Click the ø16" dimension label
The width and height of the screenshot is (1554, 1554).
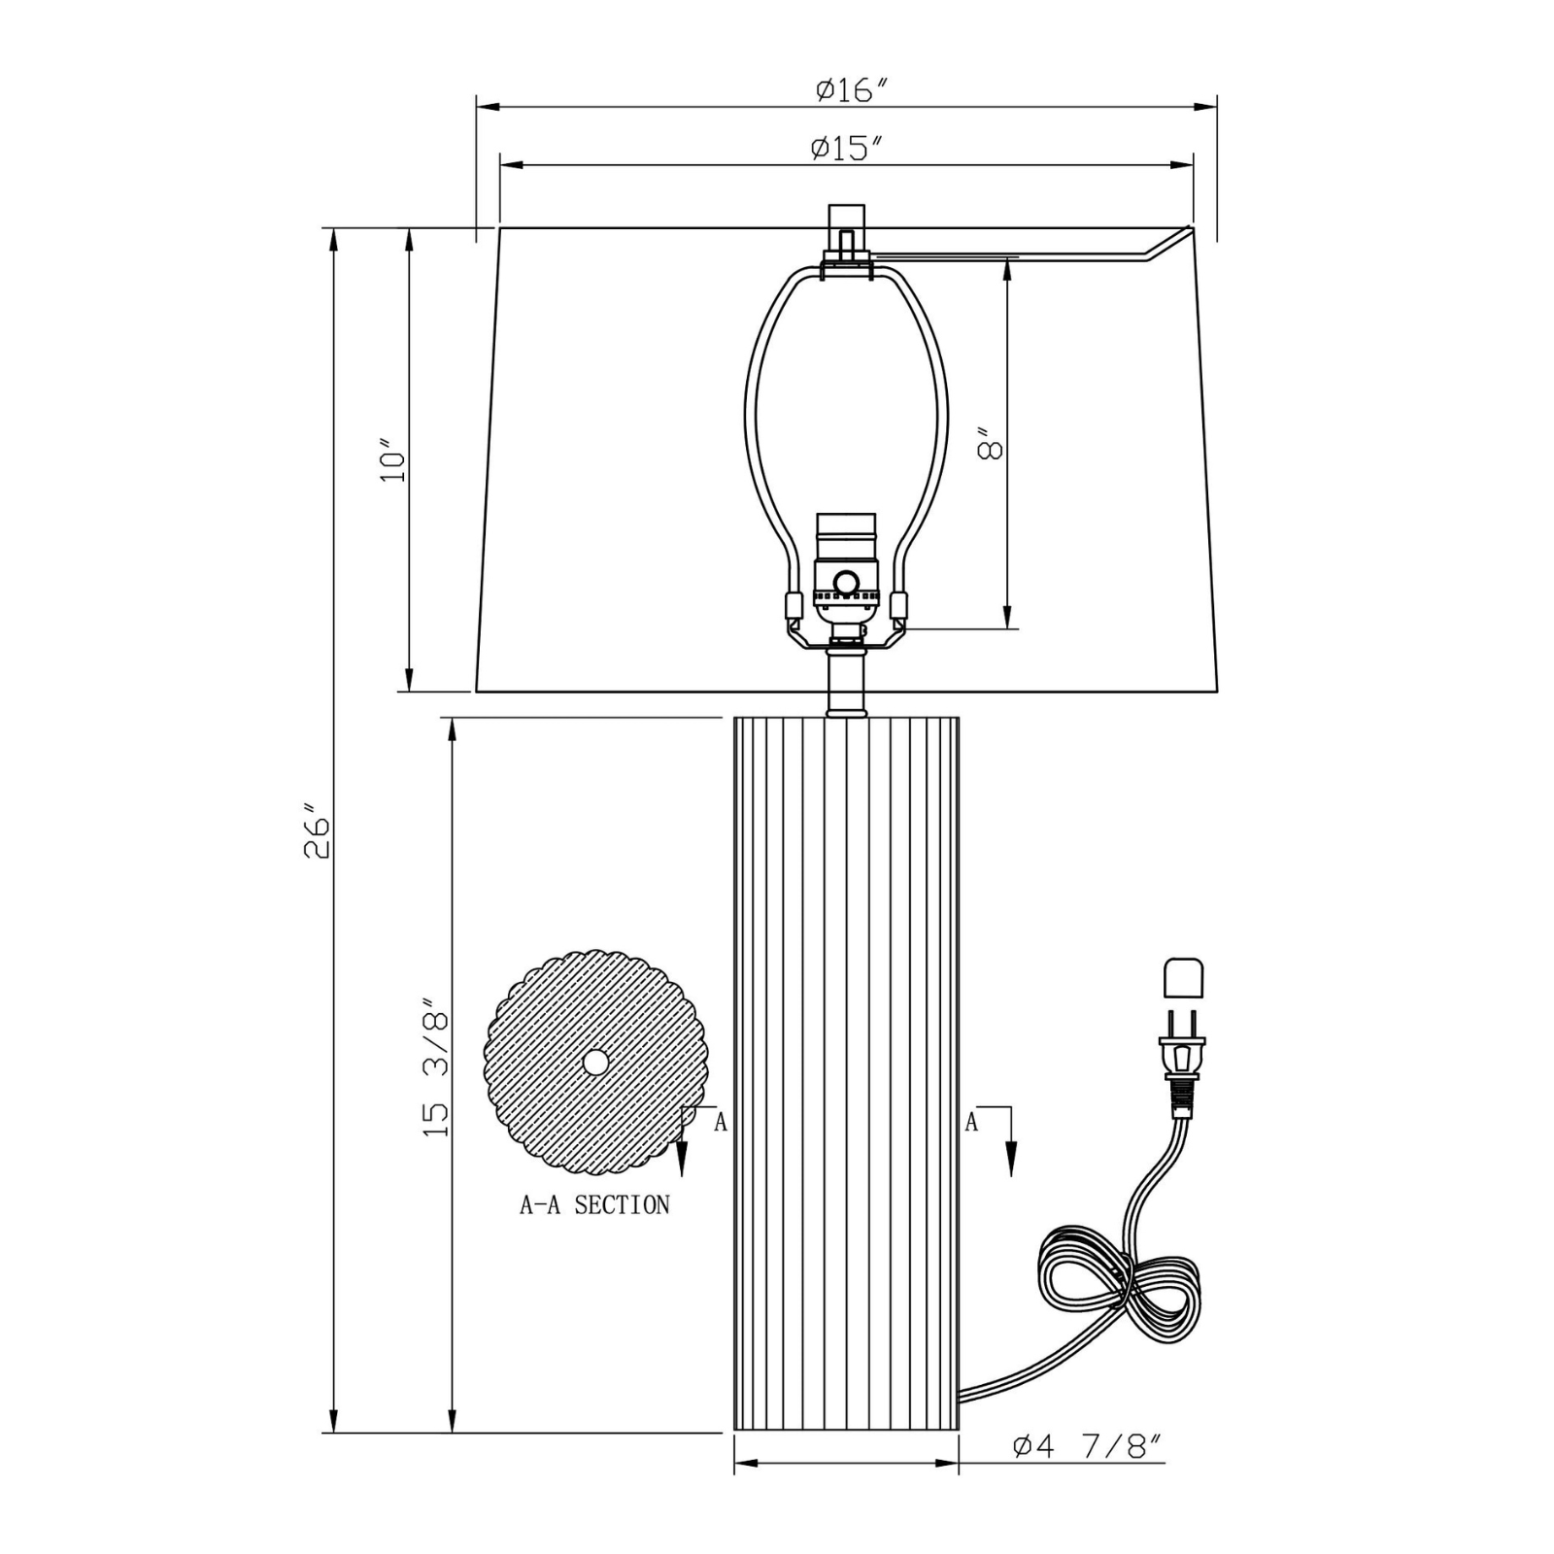point(852,90)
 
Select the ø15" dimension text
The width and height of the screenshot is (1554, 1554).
point(846,149)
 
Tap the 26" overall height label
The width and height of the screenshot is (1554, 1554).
point(318,830)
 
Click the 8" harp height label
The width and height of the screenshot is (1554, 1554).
point(989,444)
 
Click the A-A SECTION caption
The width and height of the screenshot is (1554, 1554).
point(594,1205)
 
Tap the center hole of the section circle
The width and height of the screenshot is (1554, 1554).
point(594,1063)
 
